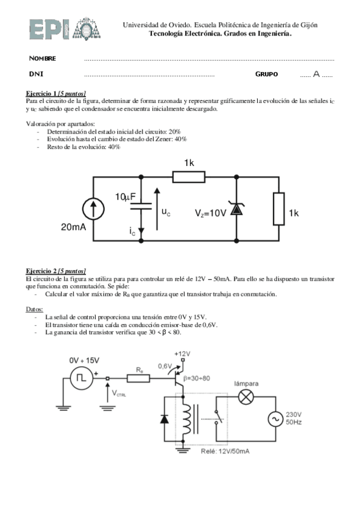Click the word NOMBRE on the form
click(43, 58)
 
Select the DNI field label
click(36, 74)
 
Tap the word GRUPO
click(266, 74)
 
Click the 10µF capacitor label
click(127, 197)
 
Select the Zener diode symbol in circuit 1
click(236, 209)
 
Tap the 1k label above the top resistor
click(189, 164)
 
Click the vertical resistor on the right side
click(278, 208)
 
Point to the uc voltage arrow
click(157, 209)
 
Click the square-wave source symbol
click(80, 378)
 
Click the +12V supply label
click(182, 354)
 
